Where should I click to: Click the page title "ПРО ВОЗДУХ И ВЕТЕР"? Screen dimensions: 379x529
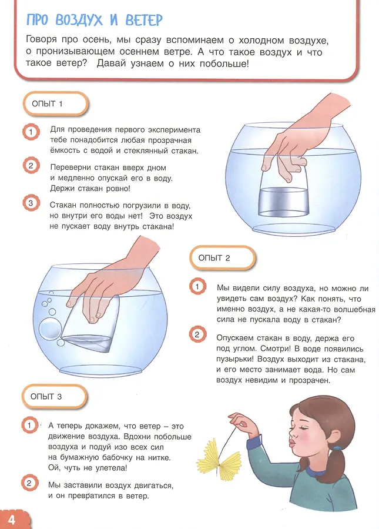[94, 20]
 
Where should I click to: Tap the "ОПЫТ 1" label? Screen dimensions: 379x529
[47, 104]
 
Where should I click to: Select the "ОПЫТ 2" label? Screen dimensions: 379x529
[214, 258]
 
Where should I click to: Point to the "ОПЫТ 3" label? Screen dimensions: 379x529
[46, 396]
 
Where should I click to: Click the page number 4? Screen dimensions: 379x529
[12, 520]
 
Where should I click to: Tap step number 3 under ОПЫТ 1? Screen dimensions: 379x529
[31, 203]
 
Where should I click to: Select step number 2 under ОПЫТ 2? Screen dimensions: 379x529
[197, 334]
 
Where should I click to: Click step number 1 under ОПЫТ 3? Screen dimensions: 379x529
[29, 425]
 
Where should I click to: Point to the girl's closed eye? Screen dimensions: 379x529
[300, 428]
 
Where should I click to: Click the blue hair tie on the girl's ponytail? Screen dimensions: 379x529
[337, 448]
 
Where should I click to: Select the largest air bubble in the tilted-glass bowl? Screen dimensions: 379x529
[51, 329]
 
